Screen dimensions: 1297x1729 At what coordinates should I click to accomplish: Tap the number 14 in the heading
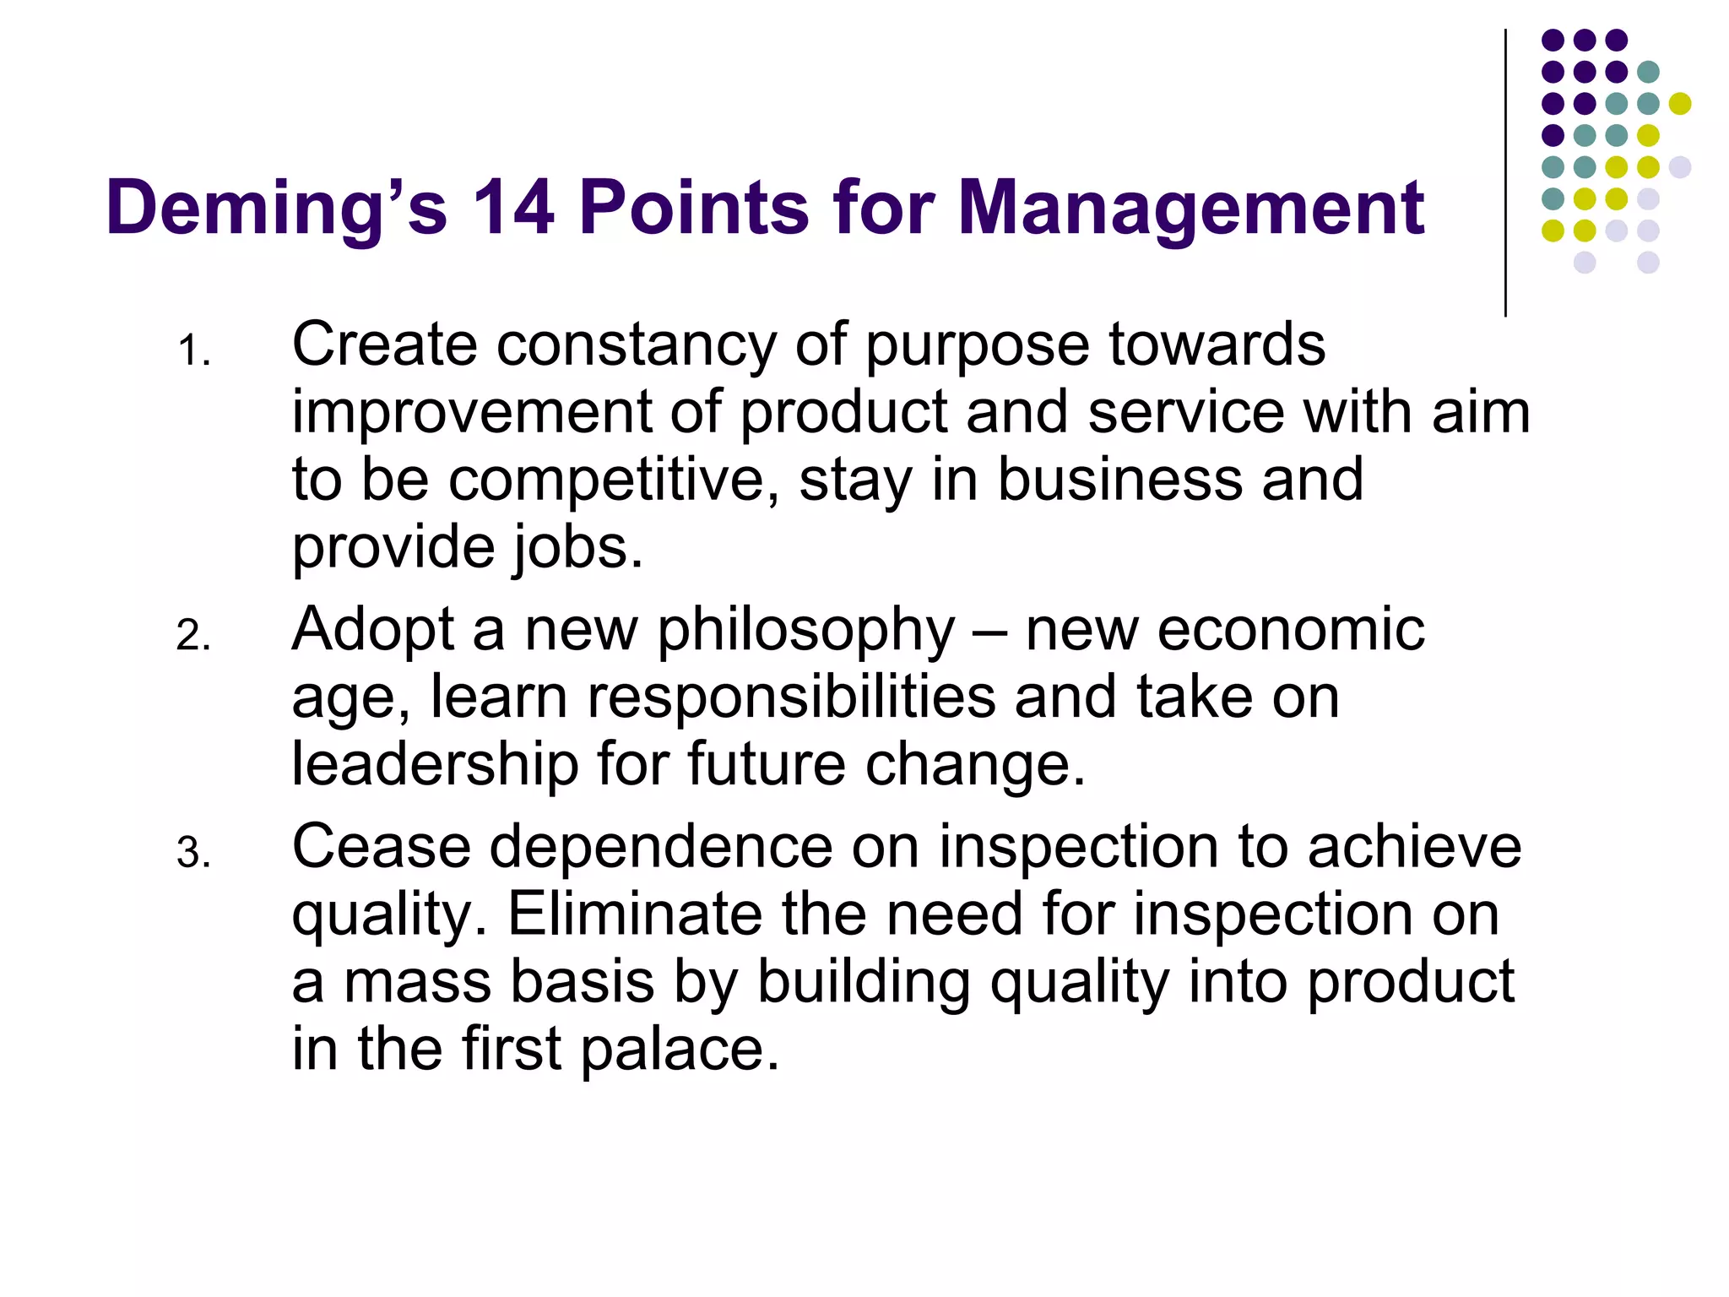coord(512,208)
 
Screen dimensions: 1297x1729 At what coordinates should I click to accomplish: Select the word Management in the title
coord(1190,208)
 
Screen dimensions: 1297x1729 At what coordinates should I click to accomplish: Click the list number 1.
coord(193,351)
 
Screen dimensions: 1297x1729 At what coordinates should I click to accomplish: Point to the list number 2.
coord(193,636)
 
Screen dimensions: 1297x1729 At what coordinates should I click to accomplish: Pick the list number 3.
coord(193,853)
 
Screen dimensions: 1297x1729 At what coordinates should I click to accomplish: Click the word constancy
coord(636,345)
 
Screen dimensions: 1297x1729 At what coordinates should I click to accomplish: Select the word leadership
coord(435,764)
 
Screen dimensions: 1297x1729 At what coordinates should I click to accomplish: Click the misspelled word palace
coord(680,1049)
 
